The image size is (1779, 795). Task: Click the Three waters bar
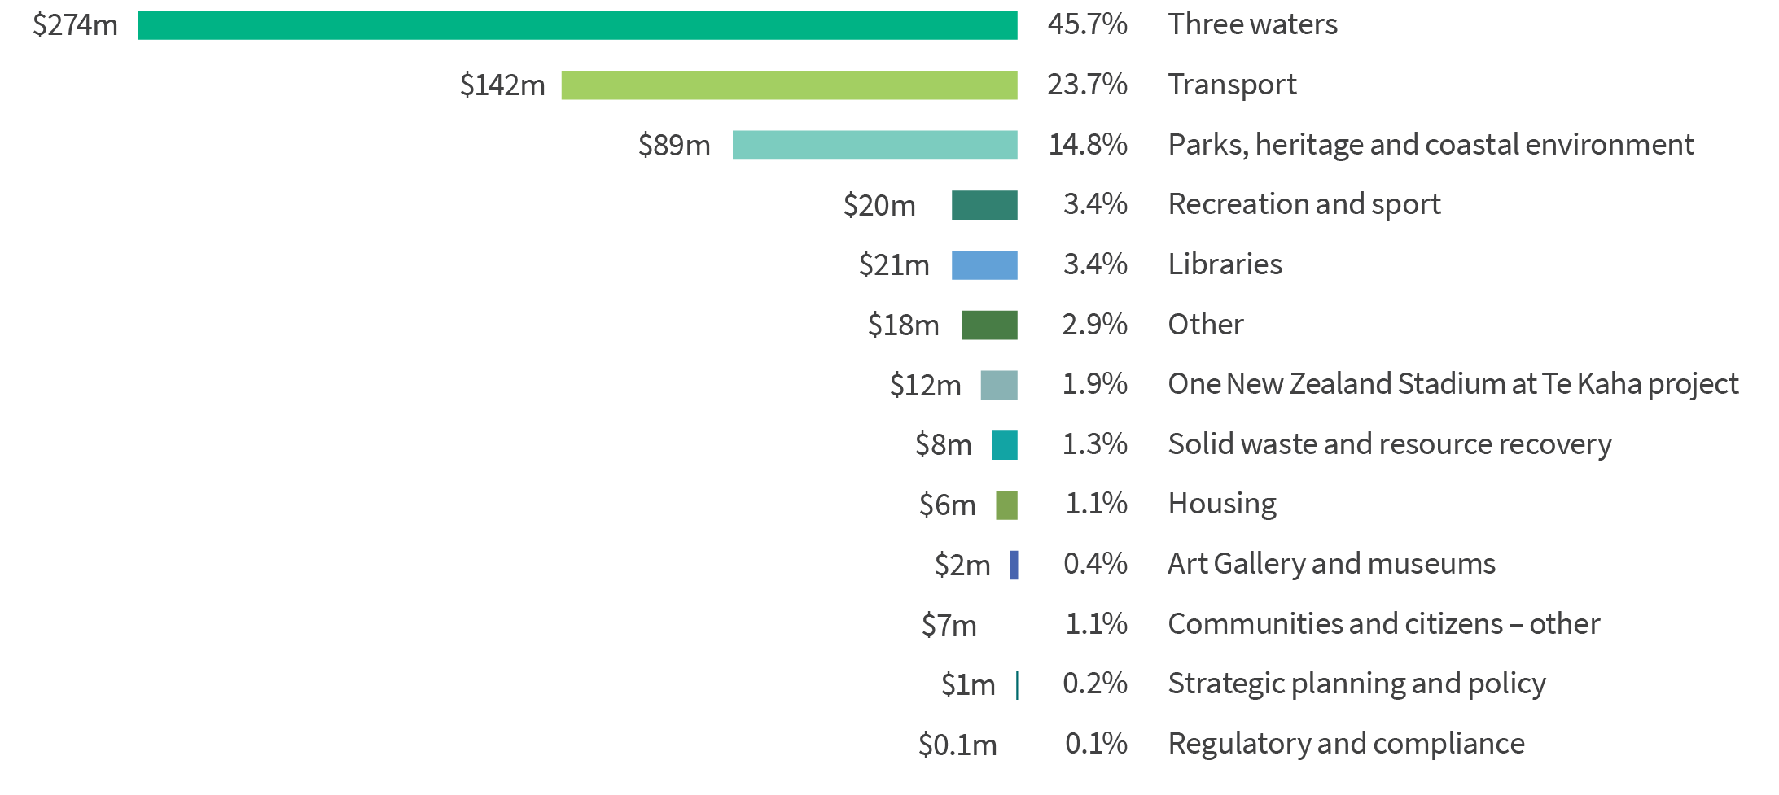(577, 25)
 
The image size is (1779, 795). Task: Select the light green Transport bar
(789, 85)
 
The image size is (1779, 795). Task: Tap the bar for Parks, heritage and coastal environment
(874, 145)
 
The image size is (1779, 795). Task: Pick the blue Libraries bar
(984, 265)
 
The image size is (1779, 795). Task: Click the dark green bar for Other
(989, 325)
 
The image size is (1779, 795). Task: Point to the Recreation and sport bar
(984, 205)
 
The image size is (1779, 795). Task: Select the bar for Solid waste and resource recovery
(1005, 445)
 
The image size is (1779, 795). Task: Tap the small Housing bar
(1006, 505)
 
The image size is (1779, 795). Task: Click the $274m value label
(75, 25)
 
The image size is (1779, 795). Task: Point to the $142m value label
(502, 85)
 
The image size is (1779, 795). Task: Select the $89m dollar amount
(674, 146)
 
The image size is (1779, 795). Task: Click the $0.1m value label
(957, 745)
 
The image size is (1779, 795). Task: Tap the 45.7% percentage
(1087, 24)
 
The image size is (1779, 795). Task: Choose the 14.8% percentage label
(1088, 145)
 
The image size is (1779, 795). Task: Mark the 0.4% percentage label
(1095, 563)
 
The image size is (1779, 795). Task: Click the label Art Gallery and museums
(1331, 563)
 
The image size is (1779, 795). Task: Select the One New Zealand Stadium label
(1453, 384)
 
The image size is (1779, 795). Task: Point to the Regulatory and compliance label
(1346, 744)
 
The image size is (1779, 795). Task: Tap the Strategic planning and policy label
(1356, 684)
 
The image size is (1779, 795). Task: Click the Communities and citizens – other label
(1383, 624)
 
